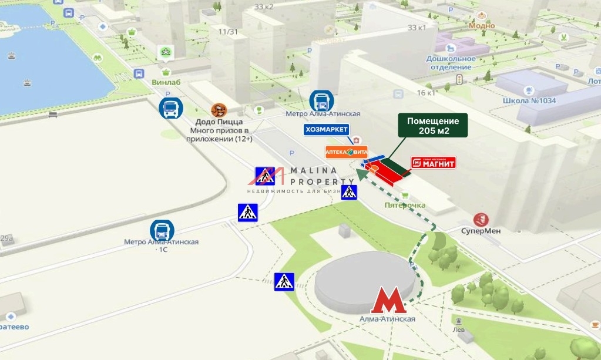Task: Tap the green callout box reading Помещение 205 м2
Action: [x=433, y=126]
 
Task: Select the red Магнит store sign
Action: [x=433, y=163]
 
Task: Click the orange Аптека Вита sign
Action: [x=347, y=152]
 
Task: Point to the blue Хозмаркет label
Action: [x=326, y=130]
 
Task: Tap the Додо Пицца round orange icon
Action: [x=219, y=110]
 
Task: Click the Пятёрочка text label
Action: [x=405, y=205]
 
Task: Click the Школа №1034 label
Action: [x=529, y=100]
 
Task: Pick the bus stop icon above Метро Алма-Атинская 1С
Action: [x=162, y=230]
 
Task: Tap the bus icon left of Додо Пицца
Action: [x=171, y=108]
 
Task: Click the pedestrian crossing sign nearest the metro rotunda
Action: [x=284, y=282]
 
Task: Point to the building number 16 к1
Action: [x=426, y=93]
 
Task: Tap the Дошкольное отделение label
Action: [x=451, y=62]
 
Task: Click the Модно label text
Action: [x=482, y=26]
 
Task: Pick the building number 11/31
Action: [x=227, y=32]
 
